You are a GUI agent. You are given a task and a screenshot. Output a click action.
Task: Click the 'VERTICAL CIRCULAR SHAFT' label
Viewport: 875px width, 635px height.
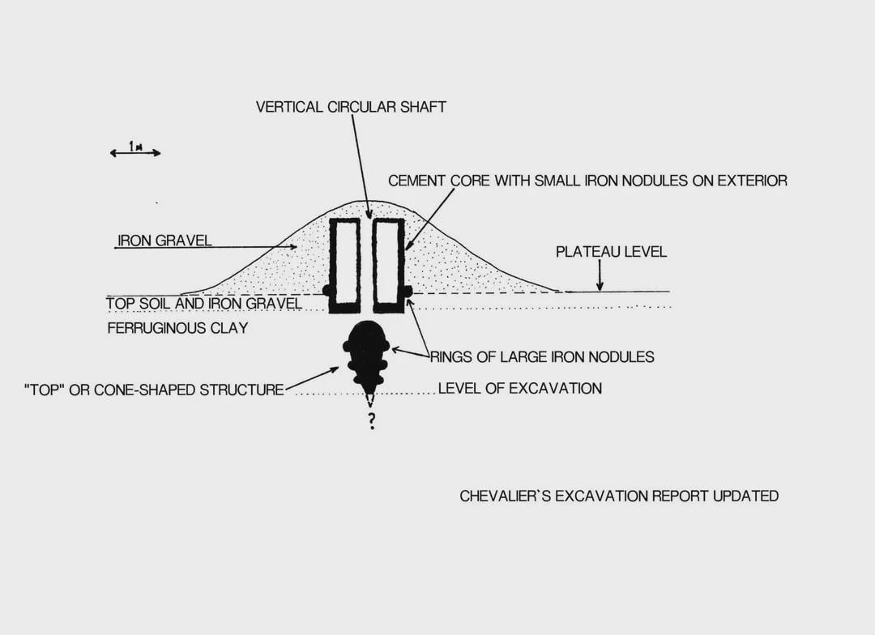[351, 107]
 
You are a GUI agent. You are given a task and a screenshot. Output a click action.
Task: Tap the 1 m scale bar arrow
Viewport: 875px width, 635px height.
[135, 153]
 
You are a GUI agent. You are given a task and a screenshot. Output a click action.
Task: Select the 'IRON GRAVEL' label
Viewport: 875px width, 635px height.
[164, 241]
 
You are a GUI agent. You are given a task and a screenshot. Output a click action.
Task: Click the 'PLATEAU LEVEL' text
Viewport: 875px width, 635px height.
[611, 252]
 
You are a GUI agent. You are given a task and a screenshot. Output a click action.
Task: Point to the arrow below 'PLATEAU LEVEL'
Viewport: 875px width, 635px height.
[600, 275]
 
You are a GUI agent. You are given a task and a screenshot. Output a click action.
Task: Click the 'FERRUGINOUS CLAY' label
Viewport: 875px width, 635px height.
[177, 328]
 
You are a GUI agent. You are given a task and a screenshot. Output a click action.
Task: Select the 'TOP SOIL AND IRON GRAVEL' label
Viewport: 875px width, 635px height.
[204, 304]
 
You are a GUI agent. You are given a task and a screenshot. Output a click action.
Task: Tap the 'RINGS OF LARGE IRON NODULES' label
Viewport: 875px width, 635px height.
[542, 357]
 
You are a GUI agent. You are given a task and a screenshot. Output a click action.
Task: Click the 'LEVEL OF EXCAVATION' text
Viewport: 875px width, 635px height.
[520, 388]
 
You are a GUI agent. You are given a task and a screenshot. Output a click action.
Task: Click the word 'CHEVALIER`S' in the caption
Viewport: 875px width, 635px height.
[505, 496]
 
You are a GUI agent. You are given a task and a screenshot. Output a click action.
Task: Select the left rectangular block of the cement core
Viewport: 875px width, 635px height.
[344, 265]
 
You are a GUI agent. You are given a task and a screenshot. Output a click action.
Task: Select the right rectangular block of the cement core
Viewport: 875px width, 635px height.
[388, 265]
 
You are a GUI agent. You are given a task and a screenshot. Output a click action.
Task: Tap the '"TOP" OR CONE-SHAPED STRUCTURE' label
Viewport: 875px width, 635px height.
[154, 390]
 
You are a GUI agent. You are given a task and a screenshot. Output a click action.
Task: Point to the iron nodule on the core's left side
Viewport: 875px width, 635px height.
[327, 291]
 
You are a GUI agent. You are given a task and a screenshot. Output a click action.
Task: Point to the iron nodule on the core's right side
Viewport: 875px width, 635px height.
[408, 291]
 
